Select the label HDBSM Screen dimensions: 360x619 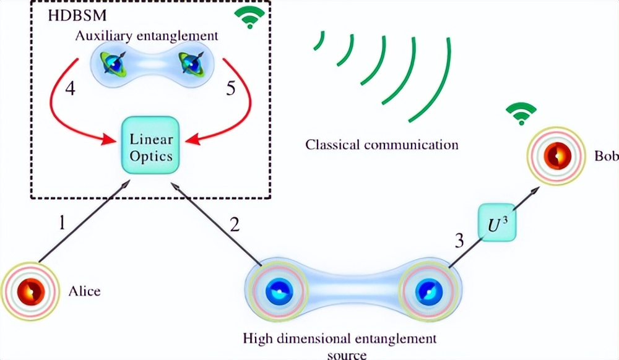point(70,15)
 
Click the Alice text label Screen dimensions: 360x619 point(84,290)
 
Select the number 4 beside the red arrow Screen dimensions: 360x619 point(69,88)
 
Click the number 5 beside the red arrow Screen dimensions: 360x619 point(230,88)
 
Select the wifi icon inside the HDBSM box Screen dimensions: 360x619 point(249,19)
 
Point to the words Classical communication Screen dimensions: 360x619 point(382,145)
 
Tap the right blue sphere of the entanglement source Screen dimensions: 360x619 point(426,291)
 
